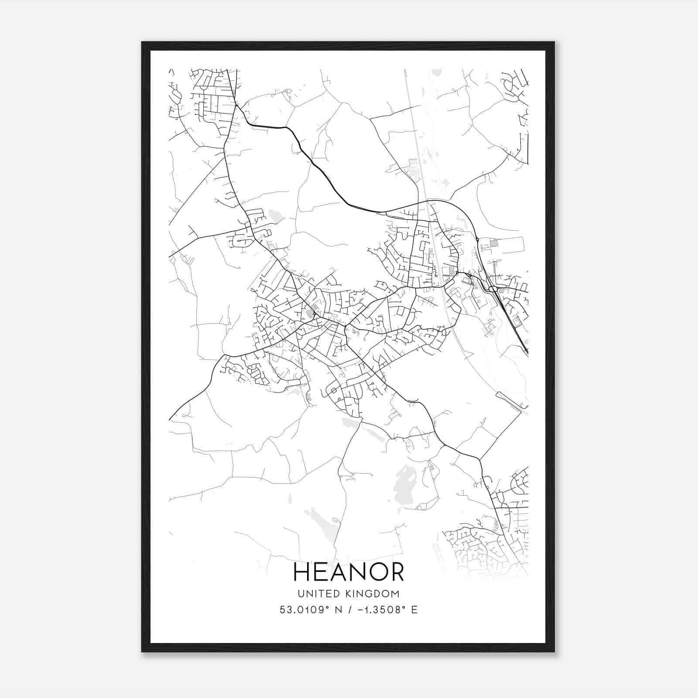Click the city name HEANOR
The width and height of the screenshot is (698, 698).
pyautogui.click(x=349, y=572)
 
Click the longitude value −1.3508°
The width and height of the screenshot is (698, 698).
pyautogui.click(x=377, y=609)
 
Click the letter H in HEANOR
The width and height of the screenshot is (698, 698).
pyautogui.click(x=301, y=572)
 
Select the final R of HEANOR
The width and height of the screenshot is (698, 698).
pyautogui.click(x=396, y=572)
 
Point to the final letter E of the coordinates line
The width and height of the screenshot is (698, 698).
pyautogui.click(x=414, y=609)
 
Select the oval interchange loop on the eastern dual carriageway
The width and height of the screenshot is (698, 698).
pyautogui.click(x=493, y=288)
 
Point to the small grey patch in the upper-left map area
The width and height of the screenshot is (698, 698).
pyautogui.click(x=275, y=215)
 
